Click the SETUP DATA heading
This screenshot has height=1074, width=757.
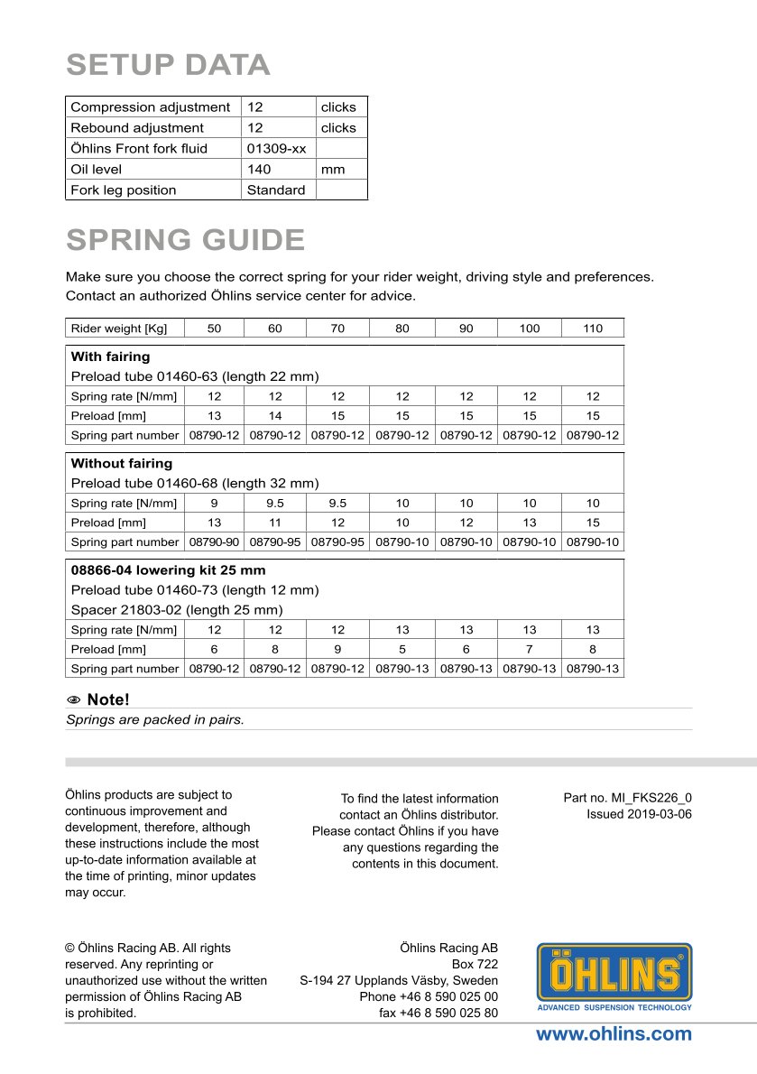click(168, 65)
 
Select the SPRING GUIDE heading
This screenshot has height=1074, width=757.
click(185, 240)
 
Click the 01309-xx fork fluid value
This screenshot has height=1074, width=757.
click(276, 149)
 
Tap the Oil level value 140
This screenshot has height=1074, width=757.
click(259, 170)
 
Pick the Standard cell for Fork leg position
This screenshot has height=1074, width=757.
click(276, 190)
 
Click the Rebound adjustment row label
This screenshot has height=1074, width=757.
click(137, 128)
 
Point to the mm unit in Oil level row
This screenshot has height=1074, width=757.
click(333, 170)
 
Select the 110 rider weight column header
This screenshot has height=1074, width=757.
click(593, 329)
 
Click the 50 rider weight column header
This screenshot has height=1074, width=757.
click(214, 329)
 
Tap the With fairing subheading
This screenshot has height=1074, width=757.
click(110, 356)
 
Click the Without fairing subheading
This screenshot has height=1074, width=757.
click(121, 463)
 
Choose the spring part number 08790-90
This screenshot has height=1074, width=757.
click(214, 542)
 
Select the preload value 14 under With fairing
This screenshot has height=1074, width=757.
click(275, 416)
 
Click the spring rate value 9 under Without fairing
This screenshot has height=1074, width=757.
click(214, 503)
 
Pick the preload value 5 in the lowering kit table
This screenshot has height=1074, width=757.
click(402, 649)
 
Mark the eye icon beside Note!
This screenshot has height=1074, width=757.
click(75, 699)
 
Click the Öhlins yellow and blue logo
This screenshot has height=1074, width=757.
click(614, 977)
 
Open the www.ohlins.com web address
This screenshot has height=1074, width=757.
click(614, 1034)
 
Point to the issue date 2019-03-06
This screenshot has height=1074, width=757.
click(639, 814)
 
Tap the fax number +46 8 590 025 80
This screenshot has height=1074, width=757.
click(439, 1013)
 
